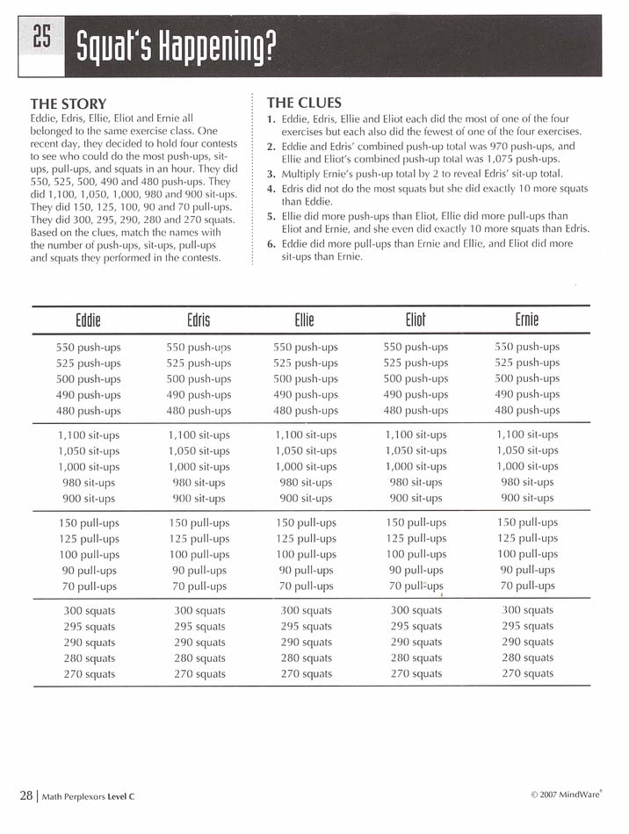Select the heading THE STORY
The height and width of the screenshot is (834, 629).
click(x=68, y=104)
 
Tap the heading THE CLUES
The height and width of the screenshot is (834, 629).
click(x=304, y=103)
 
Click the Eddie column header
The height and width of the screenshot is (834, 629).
click(x=88, y=320)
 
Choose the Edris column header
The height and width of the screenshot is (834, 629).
click(x=199, y=320)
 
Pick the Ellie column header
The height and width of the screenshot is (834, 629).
click(x=305, y=320)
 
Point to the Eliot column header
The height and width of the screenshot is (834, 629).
click(x=416, y=320)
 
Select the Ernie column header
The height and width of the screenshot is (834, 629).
click(x=527, y=320)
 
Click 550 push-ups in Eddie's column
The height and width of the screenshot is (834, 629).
click(x=89, y=347)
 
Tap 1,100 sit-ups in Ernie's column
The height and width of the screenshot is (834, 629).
click(x=527, y=434)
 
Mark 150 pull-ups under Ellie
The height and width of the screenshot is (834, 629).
click(x=306, y=522)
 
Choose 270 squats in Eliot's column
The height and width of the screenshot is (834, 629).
click(x=416, y=673)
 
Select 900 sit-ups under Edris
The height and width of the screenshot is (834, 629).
click(x=199, y=498)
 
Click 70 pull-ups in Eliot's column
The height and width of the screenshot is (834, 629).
click(x=416, y=586)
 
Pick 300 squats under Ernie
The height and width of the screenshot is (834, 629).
click(x=527, y=609)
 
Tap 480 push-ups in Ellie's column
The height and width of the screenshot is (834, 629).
click(x=306, y=410)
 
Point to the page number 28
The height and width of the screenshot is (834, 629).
click(x=26, y=794)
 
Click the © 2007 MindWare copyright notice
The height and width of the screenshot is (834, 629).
click(x=566, y=795)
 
